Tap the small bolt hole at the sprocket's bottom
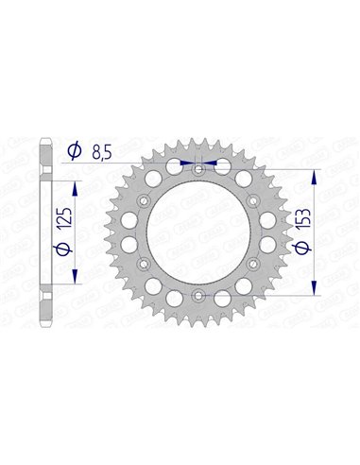point(197,297)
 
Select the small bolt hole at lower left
point(142,266)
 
